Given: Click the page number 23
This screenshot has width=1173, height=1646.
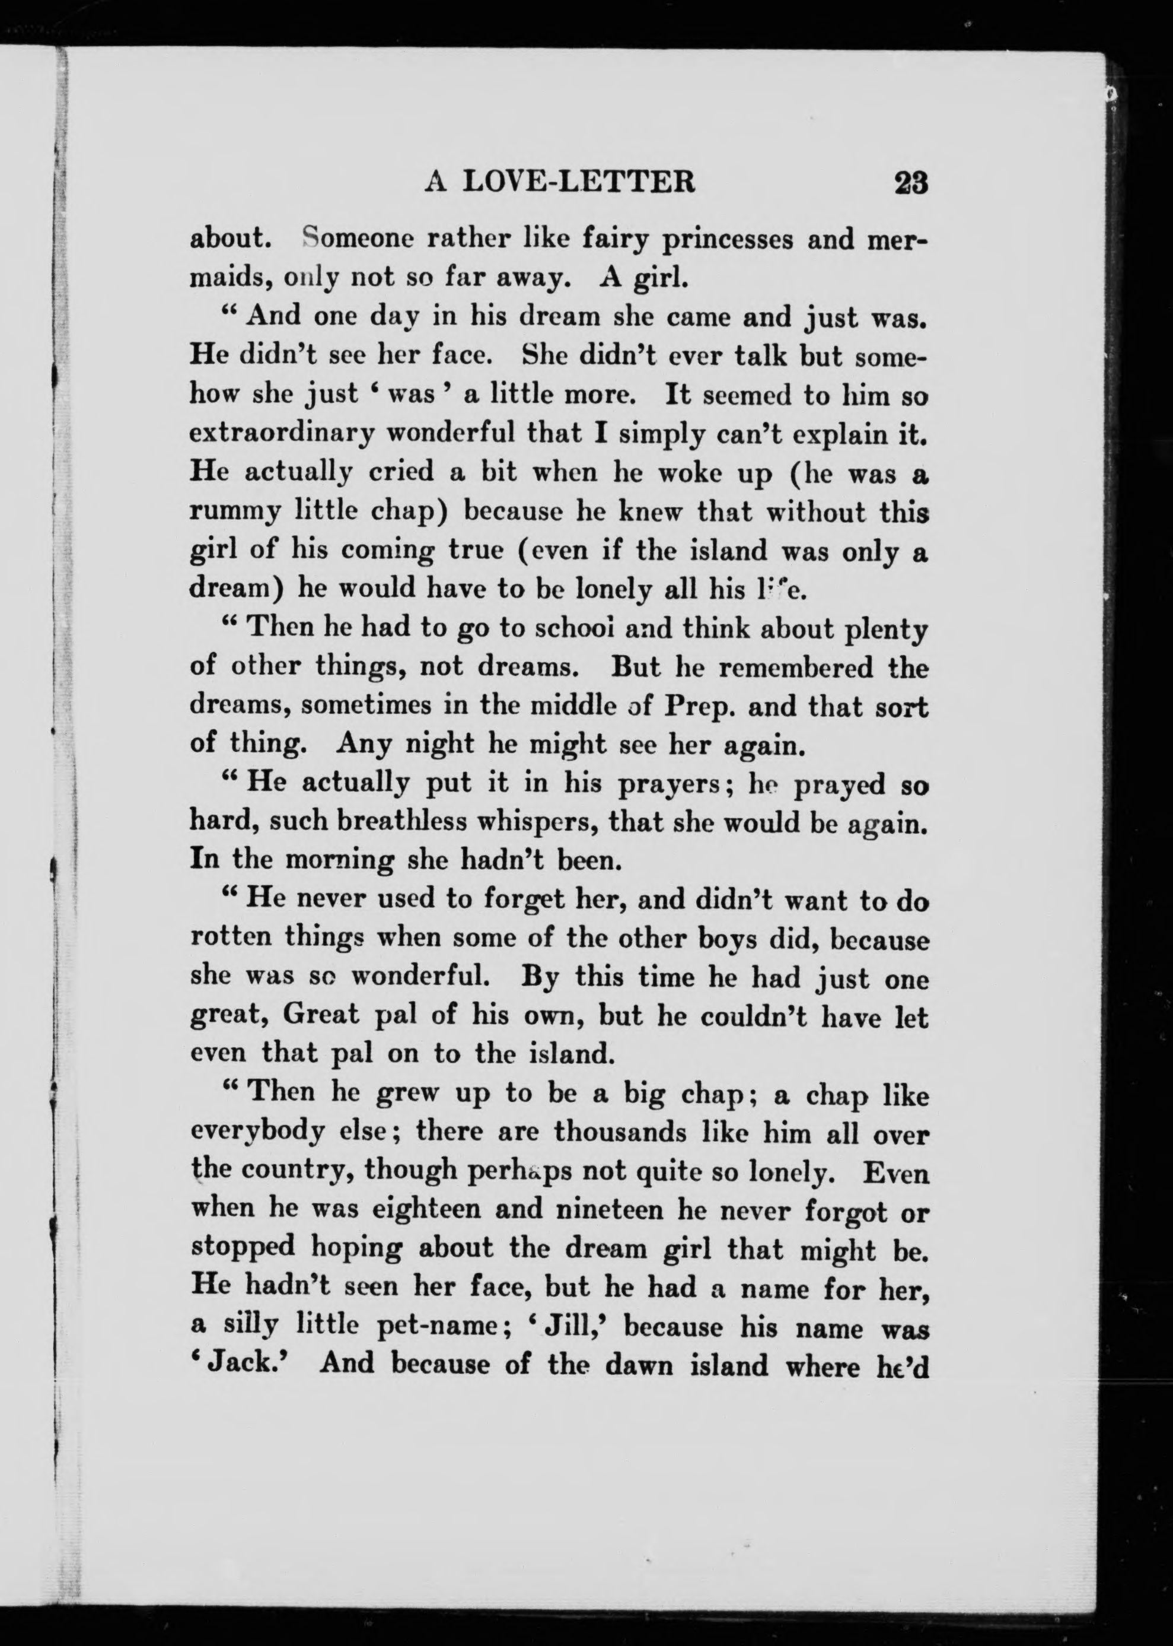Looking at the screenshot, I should [x=910, y=183].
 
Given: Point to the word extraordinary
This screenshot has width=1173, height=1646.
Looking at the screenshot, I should [x=282, y=434].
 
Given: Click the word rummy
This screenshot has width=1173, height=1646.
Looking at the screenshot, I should [x=235, y=514].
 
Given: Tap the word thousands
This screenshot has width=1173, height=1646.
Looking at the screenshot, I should [x=620, y=1132].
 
